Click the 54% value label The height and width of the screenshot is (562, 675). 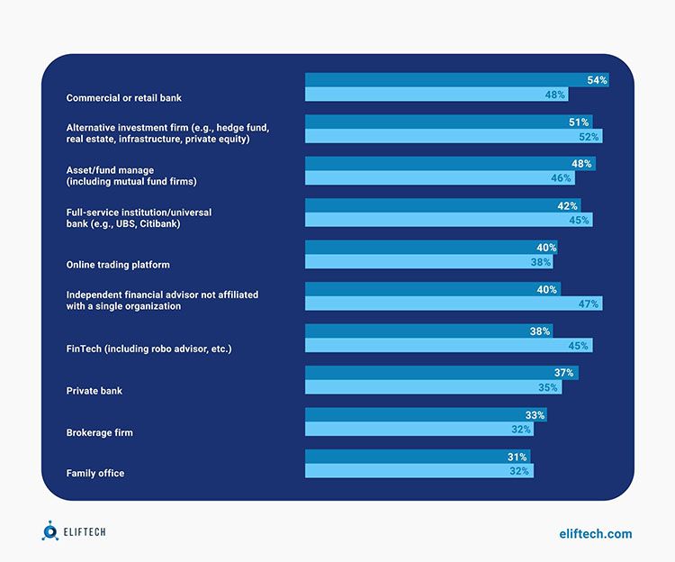coord(598,80)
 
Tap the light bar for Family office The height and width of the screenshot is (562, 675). coord(419,470)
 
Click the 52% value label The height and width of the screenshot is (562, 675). coord(589,136)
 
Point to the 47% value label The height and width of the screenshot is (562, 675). coord(589,304)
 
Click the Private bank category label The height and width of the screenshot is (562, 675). coord(94,391)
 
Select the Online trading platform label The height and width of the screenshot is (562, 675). coord(118,265)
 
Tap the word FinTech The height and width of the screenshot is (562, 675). coord(86,349)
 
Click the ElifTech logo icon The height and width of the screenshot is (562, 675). coord(50,532)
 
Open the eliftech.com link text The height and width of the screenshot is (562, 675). coord(595,534)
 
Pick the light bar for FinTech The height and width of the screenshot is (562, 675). coord(448,345)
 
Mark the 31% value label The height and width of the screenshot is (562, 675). coord(517,457)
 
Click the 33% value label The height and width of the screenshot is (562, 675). coord(535,415)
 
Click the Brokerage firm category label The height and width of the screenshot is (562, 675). coord(99,432)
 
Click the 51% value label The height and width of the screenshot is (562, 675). coord(580,122)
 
